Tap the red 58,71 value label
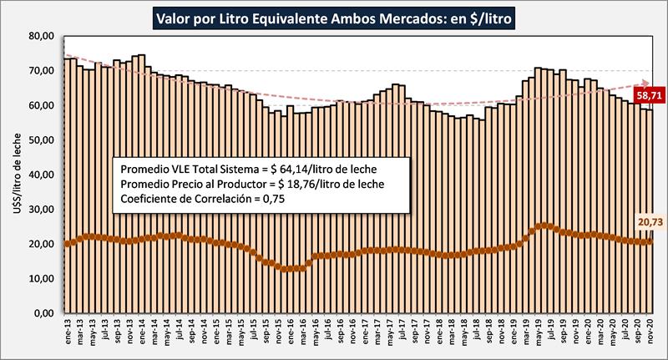tap(649, 96)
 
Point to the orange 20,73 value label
tap(649, 224)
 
